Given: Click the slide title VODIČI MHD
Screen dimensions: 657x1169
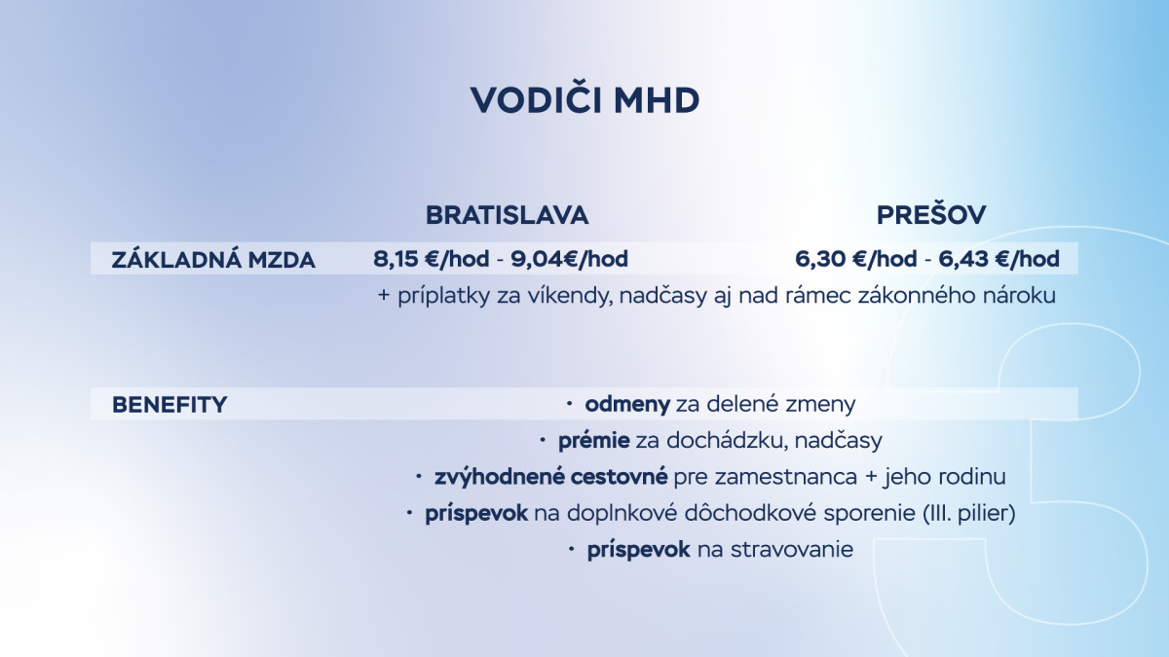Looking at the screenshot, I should (x=584, y=100).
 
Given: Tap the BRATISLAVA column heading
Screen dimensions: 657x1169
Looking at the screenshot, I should (x=507, y=214).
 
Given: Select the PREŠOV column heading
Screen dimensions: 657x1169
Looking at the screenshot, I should (x=930, y=214).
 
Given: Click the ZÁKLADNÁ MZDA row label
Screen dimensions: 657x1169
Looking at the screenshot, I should (x=213, y=260).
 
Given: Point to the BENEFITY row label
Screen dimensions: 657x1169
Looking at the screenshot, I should (x=170, y=404).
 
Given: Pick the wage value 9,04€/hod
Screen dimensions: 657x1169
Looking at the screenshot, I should (x=570, y=259).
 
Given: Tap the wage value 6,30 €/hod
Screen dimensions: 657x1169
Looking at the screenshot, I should (x=856, y=259).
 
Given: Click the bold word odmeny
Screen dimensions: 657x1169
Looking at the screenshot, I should (x=627, y=404).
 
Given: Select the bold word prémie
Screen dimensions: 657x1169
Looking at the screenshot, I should (x=593, y=441).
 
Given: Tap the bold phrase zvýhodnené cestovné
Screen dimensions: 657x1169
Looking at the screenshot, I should (x=551, y=477).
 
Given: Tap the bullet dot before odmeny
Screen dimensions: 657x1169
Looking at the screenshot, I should (x=569, y=403).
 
